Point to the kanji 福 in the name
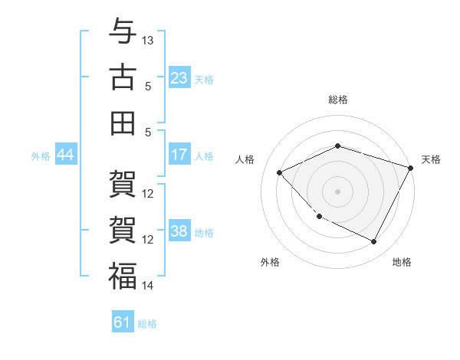[x=123, y=276]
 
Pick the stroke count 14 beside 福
[x=148, y=286]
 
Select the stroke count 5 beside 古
[x=148, y=86]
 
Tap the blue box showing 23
[x=179, y=78]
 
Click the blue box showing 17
[x=179, y=155]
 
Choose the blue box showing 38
[x=179, y=231]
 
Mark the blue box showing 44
[x=65, y=155]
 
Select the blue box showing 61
[x=123, y=322]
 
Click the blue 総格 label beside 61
[x=147, y=324]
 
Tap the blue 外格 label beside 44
[x=41, y=156]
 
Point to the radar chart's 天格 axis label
[x=431, y=159]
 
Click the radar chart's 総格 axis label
[x=338, y=100]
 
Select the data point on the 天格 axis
[x=412, y=167]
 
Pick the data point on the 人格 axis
[x=280, y=172]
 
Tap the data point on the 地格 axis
[x=374, y=242]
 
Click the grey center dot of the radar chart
[x=338, y=191]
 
